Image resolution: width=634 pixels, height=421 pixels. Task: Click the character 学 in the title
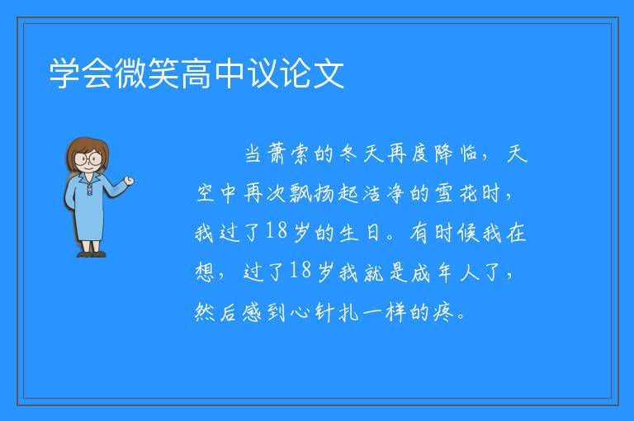coord(64,73)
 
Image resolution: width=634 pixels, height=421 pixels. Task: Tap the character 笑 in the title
coord(163,73)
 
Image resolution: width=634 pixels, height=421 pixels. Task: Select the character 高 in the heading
coord(196,73)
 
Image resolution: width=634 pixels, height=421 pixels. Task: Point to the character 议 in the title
coord(263,73)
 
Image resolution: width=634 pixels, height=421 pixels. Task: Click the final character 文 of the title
coord(329,73)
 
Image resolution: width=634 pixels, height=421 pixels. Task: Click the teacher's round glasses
coord(88,158)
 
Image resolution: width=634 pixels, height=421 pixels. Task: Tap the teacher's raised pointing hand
coord(129,181)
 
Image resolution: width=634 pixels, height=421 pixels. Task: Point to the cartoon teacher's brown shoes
coord(92,254)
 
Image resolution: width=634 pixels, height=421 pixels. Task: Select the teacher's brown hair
coord(88,152)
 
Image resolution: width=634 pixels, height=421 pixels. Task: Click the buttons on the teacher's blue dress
coord(89,190)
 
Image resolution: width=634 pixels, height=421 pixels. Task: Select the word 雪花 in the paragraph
coord(456,194)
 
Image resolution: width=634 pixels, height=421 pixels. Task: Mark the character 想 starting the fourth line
coord(205,272)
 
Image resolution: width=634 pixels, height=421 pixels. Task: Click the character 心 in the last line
coord(300,312)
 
